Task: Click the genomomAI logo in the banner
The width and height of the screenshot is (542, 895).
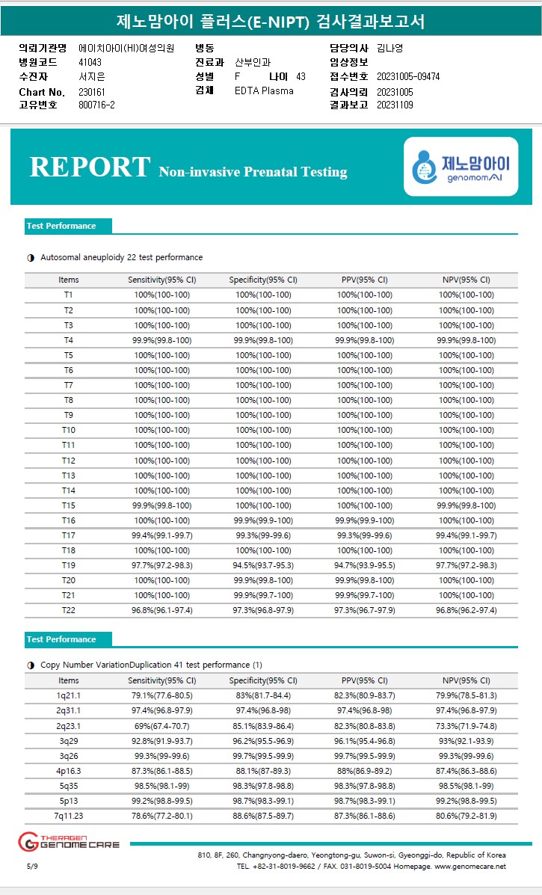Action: pos(461,167)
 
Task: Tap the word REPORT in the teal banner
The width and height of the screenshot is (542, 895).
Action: pos(90,167)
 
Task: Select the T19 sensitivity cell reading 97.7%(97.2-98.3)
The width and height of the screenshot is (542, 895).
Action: pos(161,565)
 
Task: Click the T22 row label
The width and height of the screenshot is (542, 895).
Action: pos(68,610)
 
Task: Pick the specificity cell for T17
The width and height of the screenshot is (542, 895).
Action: pos(263,535)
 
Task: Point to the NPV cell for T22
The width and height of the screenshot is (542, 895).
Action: pos(466,610)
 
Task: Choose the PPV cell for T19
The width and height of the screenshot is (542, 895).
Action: pos(365,565)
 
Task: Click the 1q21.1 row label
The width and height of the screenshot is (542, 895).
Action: pos(68,695)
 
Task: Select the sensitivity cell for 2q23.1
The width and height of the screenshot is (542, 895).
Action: pos(161,725)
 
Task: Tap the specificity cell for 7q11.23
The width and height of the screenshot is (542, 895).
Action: pos(263,816)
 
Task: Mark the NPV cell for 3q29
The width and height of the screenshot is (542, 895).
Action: pos(466,741)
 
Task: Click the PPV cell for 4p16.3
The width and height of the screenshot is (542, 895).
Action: pos(365,771)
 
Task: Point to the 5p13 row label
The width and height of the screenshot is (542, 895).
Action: pos(68,801)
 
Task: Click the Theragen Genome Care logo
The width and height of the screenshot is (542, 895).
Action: pos(69,842)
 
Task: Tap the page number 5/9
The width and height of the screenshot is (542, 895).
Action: pos(31,866)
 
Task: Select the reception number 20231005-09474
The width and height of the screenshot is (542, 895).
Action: pos(408,76)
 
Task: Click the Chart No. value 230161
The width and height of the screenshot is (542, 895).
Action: pos(92,91)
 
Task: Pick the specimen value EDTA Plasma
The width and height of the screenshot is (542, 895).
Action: pos(264,90)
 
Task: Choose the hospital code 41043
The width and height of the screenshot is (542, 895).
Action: pos(90,62)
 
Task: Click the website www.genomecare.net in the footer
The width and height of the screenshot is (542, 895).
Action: pos(469,866)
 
